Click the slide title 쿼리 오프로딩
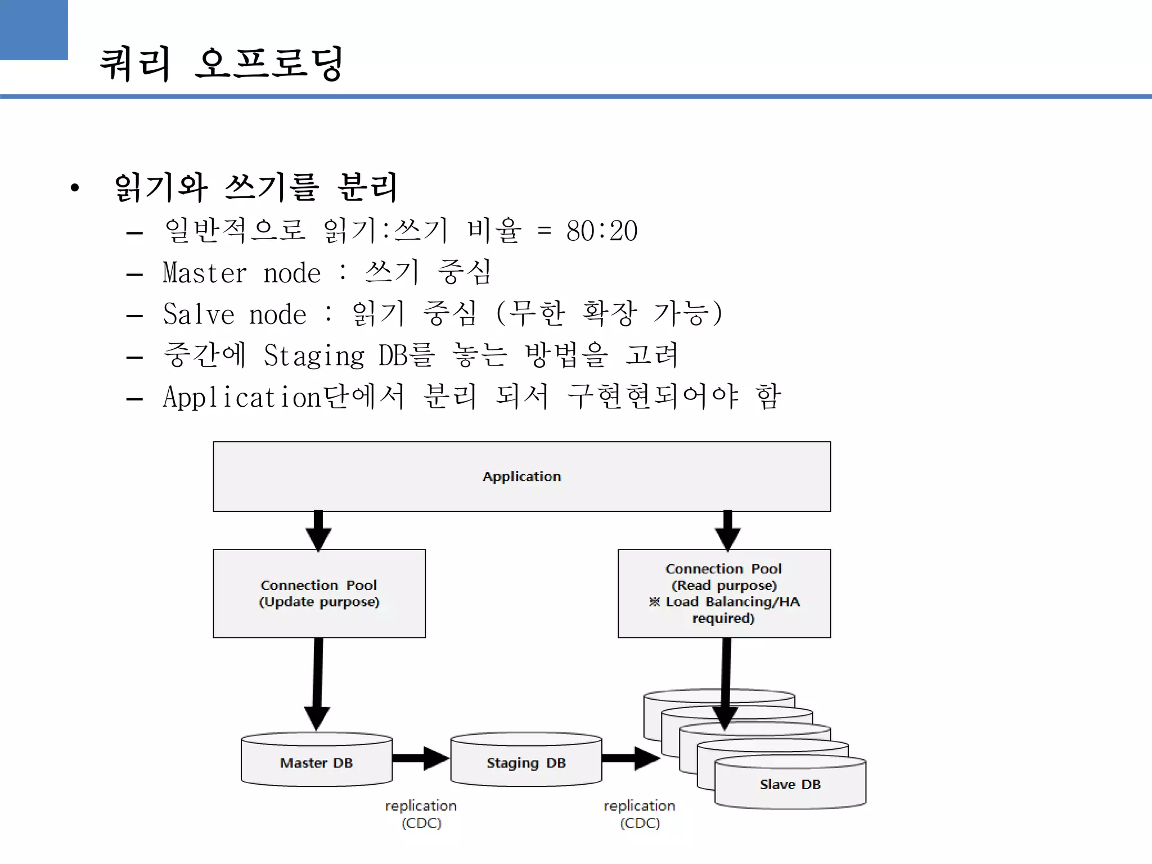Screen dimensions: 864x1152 221,64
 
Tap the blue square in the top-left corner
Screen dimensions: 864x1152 34,29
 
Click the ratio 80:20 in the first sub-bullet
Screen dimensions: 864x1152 601,231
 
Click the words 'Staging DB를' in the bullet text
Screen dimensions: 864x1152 349,356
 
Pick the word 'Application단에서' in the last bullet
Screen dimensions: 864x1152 283,397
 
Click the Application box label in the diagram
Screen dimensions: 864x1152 521,476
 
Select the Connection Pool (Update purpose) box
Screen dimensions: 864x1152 319,593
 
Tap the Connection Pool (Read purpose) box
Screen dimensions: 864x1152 724,593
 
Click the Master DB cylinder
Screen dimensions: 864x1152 316,762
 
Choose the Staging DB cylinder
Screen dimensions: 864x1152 526,762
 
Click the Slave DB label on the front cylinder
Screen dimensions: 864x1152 790,784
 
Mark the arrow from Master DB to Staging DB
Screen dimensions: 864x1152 420,758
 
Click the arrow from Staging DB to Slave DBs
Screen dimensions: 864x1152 631,758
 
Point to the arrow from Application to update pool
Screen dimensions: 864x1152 318,530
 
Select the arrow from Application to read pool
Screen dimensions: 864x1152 727,530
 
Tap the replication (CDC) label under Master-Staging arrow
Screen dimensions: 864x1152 421,814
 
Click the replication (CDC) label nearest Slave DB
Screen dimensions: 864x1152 640,814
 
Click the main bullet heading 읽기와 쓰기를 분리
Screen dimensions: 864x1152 256,187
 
